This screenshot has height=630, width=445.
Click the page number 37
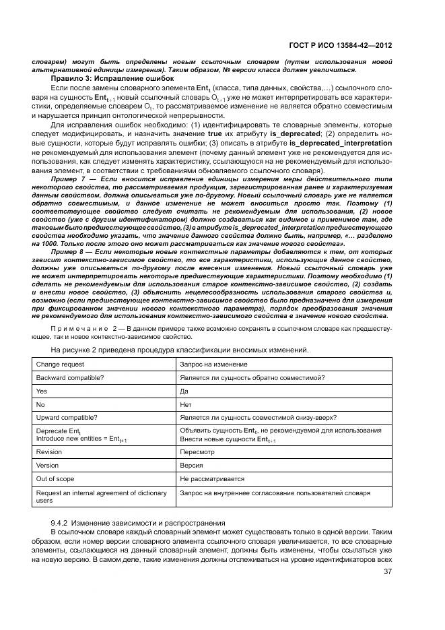click(388, 572)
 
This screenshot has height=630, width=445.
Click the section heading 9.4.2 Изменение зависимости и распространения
click(137, 523)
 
